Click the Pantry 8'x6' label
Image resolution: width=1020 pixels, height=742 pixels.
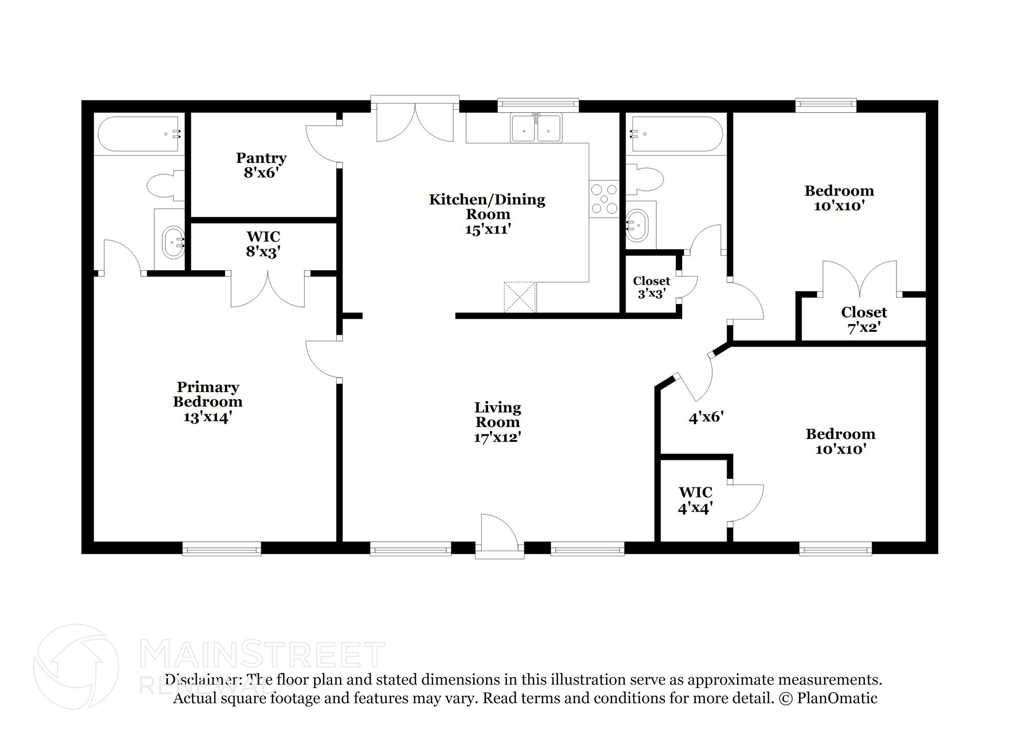pos(261,165)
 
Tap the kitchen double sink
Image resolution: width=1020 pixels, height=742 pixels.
pos(536,129)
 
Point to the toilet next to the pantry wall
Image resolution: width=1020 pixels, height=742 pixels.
pos(164,186)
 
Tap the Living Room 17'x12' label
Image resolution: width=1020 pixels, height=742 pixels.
pos(497,422)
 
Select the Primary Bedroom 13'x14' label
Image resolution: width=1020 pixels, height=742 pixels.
pos(208,401)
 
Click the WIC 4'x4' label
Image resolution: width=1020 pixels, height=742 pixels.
pos(695,500)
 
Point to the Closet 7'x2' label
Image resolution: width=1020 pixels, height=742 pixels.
pos(864,319)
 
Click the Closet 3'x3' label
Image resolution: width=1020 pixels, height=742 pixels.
pos(651,287)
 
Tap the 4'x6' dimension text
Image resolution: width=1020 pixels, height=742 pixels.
pos(706,417)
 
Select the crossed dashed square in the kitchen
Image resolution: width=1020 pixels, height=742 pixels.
pos(520,297)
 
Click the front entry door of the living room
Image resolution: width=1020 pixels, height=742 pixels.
pos(500,537)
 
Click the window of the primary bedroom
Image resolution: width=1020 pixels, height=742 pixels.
pos(222,549)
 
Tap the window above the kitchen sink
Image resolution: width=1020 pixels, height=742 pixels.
pos(538,104)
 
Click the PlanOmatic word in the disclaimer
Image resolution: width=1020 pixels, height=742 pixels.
pos(837,698)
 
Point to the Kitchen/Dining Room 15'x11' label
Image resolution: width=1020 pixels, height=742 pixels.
pos(487,214)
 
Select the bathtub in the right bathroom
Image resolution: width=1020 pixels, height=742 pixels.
pos(676,134)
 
